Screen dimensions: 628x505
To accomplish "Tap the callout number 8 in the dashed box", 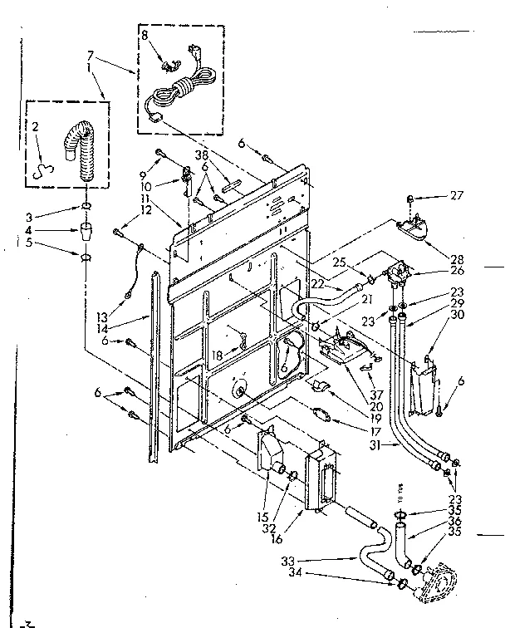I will [x=145, y=36].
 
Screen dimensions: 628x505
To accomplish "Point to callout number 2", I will [x=36, y=127].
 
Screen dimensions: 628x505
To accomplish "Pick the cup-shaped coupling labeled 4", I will [x=86, y=230].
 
